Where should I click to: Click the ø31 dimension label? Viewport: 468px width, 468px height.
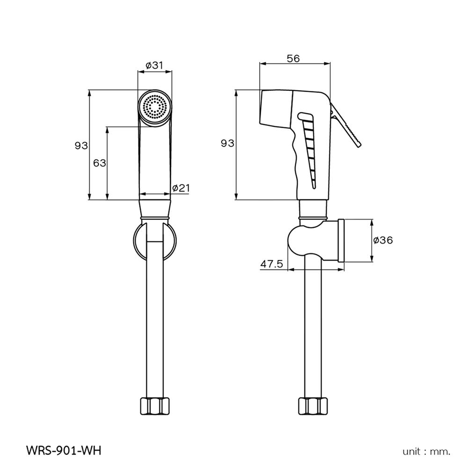[x=154, y=66]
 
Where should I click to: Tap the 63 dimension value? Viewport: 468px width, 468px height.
[x=100, y=163]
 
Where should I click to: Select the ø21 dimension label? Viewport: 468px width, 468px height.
[x=181, y=188]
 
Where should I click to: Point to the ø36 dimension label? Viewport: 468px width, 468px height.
[x=383, y=240]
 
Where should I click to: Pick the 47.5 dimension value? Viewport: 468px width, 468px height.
[x=271, y=264]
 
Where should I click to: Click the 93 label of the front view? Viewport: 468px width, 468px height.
[x=81, y=146]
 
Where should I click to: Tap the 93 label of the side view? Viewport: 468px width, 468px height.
[x=227, y=144]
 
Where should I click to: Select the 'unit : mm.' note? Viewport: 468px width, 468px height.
[x=426, y=452]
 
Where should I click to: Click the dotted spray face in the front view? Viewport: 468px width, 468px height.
[x=155, y=107]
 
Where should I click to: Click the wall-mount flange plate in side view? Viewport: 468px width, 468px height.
[x=341, y=240]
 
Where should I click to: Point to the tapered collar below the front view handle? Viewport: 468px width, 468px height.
[x=155, y=209]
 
